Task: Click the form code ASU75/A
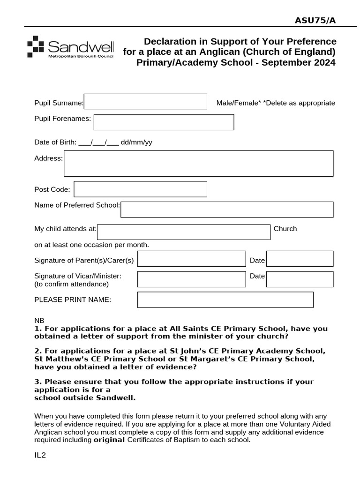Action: pos(315,20)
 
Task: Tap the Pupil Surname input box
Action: pos(145,102)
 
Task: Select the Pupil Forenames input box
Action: pos(164,122)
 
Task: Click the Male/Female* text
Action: pos(239,103)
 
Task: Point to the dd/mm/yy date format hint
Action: pos(136,142)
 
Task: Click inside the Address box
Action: pos(198,163)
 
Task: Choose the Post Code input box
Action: pos(140,189)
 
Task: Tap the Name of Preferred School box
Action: pos(227,210)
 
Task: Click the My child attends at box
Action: pos(184,232)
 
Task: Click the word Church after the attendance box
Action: pos(285,229)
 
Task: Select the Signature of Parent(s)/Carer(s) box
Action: pos(191,259)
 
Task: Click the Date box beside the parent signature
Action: pos(300,259)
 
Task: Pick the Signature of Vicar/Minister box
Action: pos(191,279)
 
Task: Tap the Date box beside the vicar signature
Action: pos(300,279)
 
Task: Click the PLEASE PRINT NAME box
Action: pos(225,300)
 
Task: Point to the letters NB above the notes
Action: pos(39,321)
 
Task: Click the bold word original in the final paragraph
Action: pos(109,440)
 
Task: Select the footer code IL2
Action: pos(40,455)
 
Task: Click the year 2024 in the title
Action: pos(324,63)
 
